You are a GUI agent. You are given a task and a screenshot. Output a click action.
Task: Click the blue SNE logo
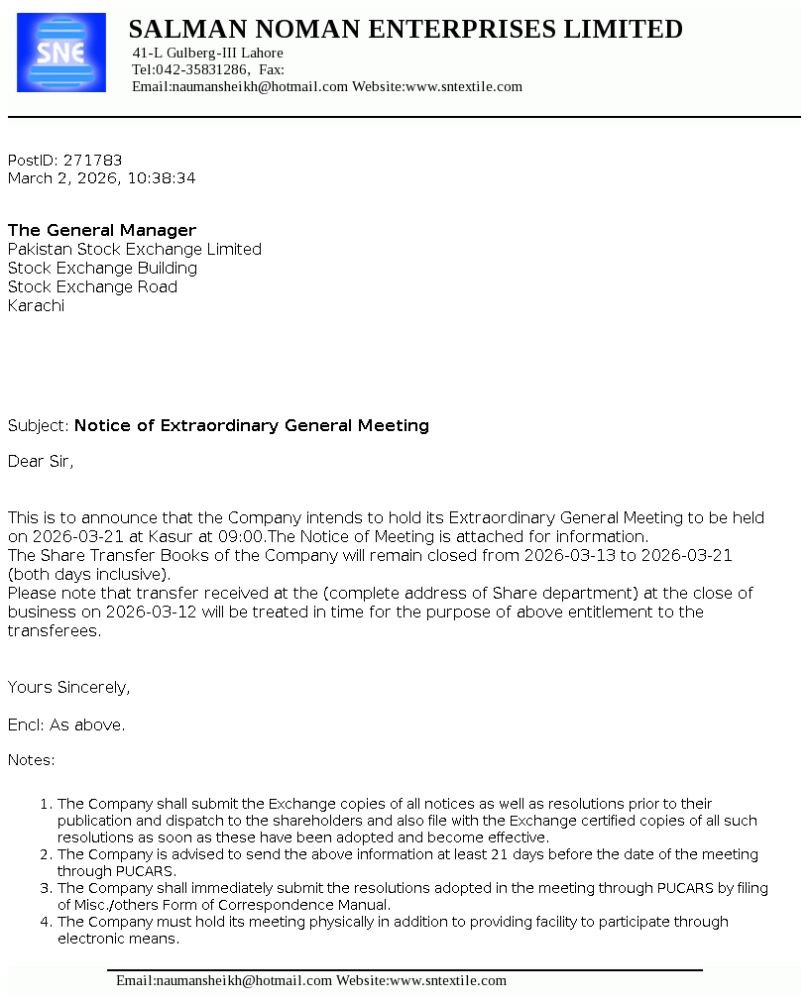61,53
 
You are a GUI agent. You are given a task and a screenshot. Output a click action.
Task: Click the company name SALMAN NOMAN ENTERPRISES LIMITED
405,30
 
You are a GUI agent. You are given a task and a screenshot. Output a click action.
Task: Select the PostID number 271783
92,160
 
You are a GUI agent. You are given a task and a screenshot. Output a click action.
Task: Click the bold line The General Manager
102,230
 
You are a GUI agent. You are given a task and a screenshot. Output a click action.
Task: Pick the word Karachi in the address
36,305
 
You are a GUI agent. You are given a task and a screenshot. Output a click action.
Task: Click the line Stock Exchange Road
92,286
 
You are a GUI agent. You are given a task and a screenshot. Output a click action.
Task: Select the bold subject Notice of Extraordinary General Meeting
252,425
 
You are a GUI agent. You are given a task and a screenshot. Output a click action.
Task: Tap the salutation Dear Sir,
41,461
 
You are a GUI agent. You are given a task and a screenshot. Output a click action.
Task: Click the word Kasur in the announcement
170,536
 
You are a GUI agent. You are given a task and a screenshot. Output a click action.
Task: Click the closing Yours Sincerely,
68,687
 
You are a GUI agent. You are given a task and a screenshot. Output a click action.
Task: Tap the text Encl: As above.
66,724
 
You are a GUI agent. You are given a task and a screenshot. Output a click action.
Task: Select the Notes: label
32,760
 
